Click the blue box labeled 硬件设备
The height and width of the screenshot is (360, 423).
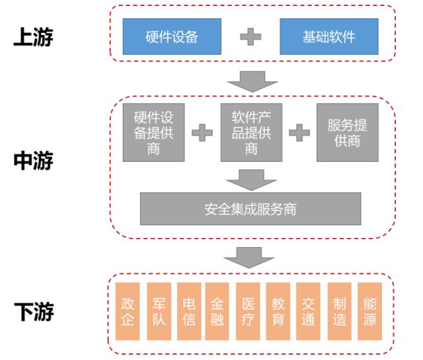tap(172, 36)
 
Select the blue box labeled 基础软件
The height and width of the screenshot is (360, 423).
tap(328, 36)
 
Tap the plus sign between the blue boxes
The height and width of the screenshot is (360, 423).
tap(250, 36)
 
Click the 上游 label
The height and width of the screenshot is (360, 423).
tap(33, 37)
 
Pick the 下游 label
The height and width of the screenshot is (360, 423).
tap(33, 311)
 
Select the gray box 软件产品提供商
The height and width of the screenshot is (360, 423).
tap(251, 132)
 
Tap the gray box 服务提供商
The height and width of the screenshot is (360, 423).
tap(347, 132)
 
